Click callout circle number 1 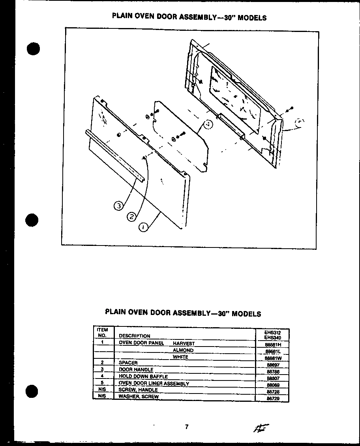(x=144, y=227)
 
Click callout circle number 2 (x=132, y=216)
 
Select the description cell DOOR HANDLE (x=136, y=369)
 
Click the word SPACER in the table (x=128, y=362)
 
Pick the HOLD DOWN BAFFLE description (x=143, y=376)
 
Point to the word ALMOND (x=183, y=350)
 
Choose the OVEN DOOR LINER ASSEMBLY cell (x=154, y=383)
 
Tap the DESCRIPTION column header (x=134, y=336)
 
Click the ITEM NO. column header (x=102, y=332)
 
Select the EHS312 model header (x=272, y=332)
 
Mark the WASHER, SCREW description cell (x=139, y=396)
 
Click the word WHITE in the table (x=180, y=357)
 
